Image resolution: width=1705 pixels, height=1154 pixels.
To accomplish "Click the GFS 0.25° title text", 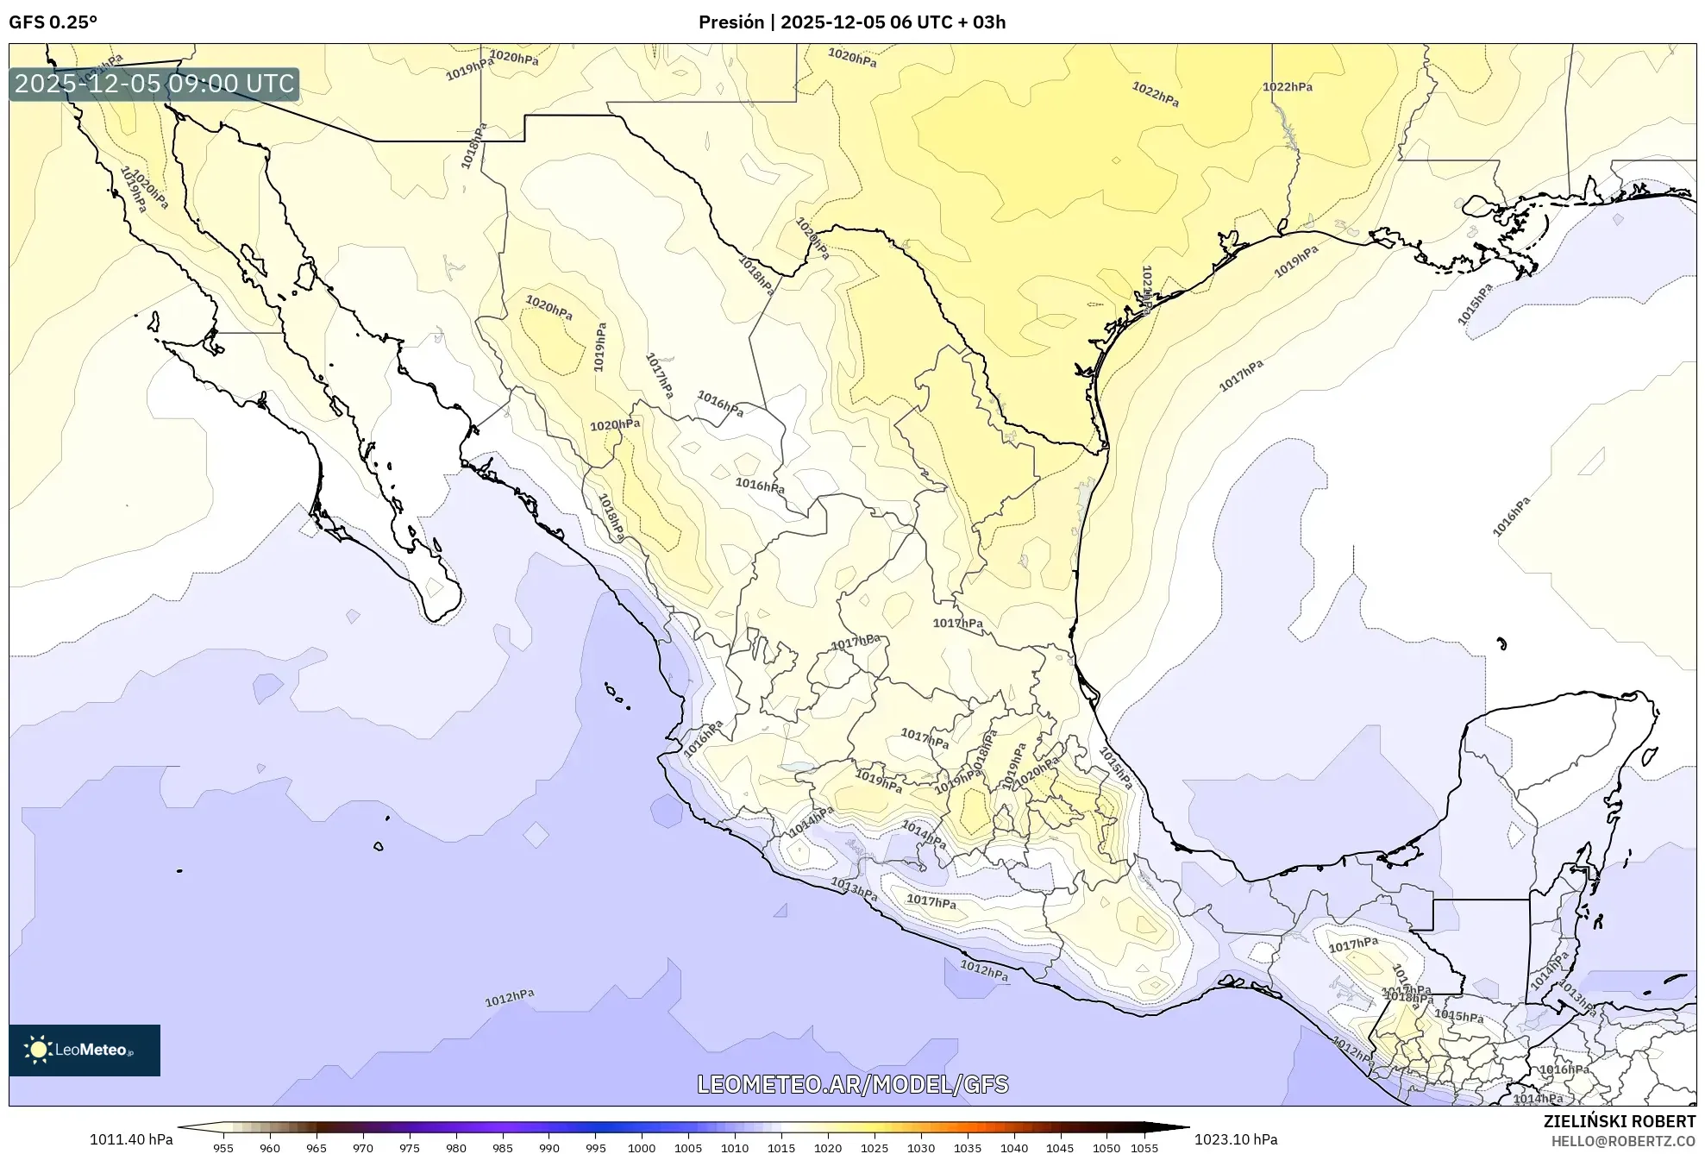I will point(53,22).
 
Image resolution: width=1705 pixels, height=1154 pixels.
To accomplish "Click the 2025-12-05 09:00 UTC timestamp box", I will point(154,84).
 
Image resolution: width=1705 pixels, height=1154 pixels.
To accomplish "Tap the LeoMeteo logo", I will point(85,1050).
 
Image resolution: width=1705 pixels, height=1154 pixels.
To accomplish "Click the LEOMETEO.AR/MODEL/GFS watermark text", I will point(852,1084).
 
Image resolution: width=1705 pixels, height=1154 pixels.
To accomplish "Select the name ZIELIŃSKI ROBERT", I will point(1619,1121).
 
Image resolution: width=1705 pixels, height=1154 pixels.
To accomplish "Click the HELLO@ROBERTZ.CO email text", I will point(1623,1140).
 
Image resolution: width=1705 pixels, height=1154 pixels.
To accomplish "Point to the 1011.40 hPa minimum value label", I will point(131,1139).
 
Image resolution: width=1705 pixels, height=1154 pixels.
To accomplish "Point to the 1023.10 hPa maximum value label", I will point(1235,1139).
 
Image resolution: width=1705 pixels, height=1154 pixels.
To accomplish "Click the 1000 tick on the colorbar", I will point(642,1148).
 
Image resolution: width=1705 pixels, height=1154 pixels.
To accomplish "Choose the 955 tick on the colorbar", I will point(223,1148).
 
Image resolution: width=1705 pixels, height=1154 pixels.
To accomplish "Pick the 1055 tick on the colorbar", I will point(1144,1148).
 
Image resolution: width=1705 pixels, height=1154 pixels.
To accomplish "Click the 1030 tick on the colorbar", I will point(921,1148).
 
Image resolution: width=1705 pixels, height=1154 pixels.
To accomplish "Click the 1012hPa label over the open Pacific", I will point(509,998).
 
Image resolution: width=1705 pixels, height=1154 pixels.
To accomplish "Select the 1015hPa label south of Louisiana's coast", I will point(1475,304).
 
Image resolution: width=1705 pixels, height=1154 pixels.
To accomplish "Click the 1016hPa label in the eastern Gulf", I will point(1511,516).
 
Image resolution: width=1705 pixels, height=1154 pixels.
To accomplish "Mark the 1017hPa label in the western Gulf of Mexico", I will point(1241,375).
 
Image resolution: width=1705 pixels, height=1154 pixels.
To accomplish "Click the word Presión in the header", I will point(731,22).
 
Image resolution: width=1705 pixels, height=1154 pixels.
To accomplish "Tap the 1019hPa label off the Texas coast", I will point(1296,261).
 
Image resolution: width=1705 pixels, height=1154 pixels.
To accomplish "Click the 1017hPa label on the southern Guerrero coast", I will point(931,901).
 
